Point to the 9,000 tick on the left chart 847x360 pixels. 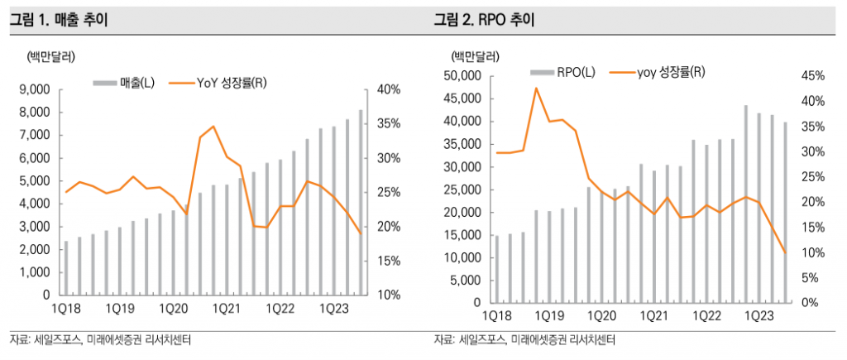(34, 89)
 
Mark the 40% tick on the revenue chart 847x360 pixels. (388, 89)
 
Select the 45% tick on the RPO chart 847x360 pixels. (813, 76)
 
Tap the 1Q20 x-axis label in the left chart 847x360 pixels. (171, 309)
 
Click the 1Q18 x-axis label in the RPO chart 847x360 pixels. (497, 316)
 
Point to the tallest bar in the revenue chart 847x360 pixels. (361, 203)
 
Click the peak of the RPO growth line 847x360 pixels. (536, 88)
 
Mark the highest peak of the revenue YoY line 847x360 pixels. (213, 127)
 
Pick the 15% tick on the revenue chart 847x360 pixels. (388, 261)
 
